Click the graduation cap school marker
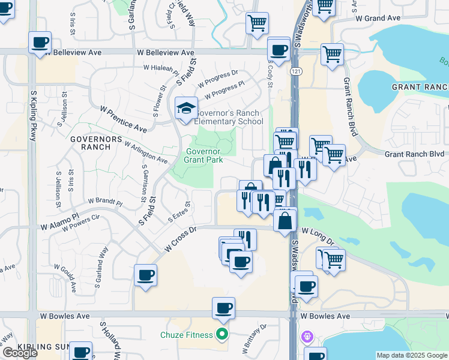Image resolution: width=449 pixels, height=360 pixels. click(186, 108)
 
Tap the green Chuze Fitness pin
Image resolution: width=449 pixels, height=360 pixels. click(223, 335)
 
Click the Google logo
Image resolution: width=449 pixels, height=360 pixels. click(20, 353)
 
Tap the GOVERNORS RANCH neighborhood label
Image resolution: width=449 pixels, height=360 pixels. click(88, 142)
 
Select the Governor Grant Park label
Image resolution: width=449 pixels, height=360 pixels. click(203, 156)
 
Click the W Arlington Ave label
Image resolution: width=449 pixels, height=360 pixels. click(146, 152)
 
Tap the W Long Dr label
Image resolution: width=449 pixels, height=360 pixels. click(318, 235)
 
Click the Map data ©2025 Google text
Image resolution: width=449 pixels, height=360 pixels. click(412, 355)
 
